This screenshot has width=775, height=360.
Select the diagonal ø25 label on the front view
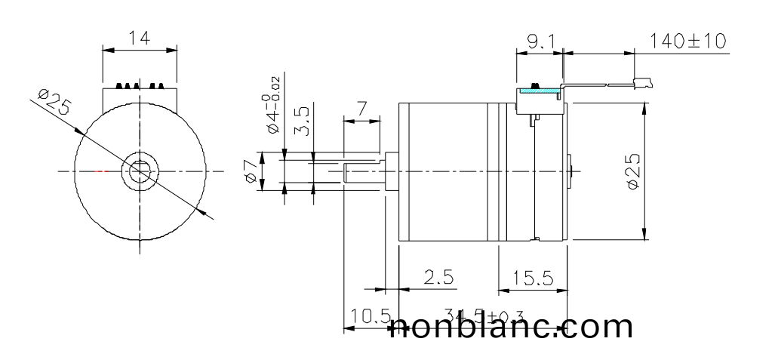[53, 103]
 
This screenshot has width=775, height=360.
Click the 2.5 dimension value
[438, 278]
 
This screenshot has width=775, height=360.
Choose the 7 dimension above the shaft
[363, 109]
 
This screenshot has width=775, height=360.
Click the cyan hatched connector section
[539, 91]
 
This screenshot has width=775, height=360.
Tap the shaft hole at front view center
[140, 171]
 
